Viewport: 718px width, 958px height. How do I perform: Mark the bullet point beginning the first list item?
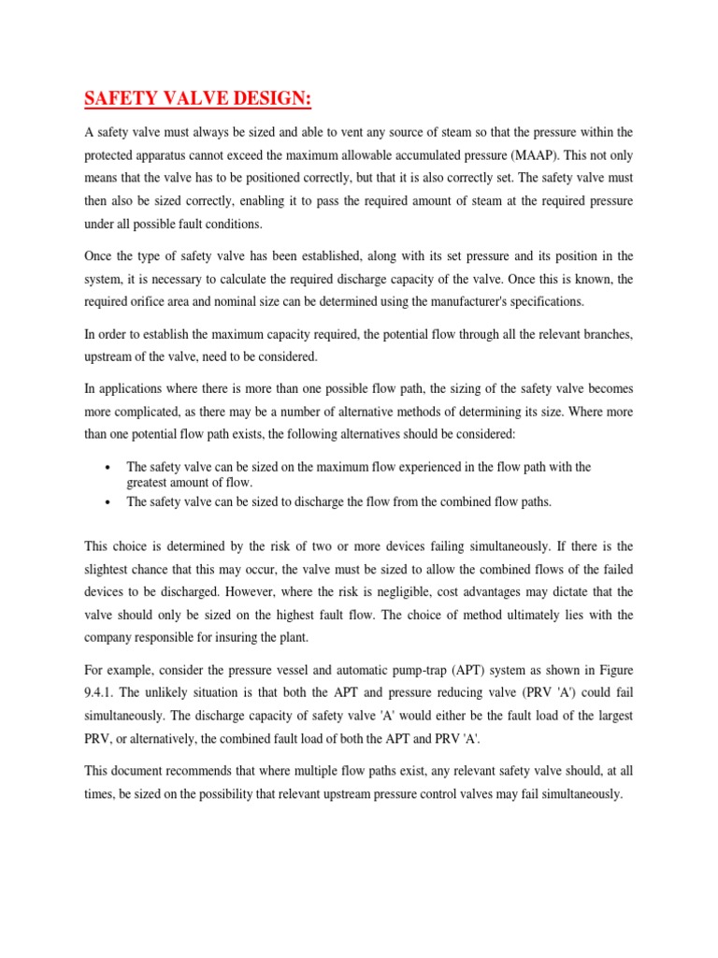click(111, 468)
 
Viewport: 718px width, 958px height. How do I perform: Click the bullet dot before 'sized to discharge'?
click(111, 502)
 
